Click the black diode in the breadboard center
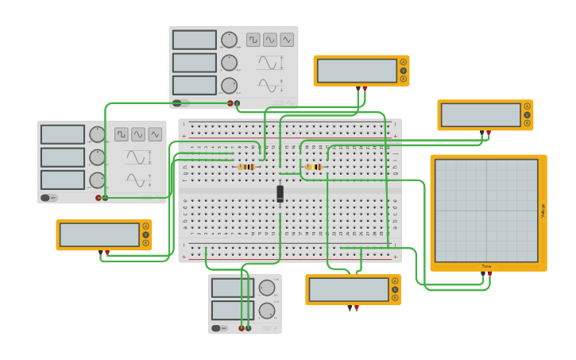click(280, 193)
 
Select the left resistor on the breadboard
click(246, 167)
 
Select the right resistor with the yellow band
click(314, 167)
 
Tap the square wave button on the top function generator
click(253, 40)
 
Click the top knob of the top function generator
click(229, 40)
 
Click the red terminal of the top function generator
click(230, 103)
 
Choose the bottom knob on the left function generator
click(97, 180)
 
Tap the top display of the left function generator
click(63, 134)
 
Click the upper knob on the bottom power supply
click(267, 288)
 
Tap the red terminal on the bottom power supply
click(242, 327)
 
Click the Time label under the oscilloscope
click(486, 266)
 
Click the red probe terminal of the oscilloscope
click(489, 274)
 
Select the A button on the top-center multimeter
click(404, 62)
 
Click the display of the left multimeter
click(99, 234)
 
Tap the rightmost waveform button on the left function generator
click(155, 134)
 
